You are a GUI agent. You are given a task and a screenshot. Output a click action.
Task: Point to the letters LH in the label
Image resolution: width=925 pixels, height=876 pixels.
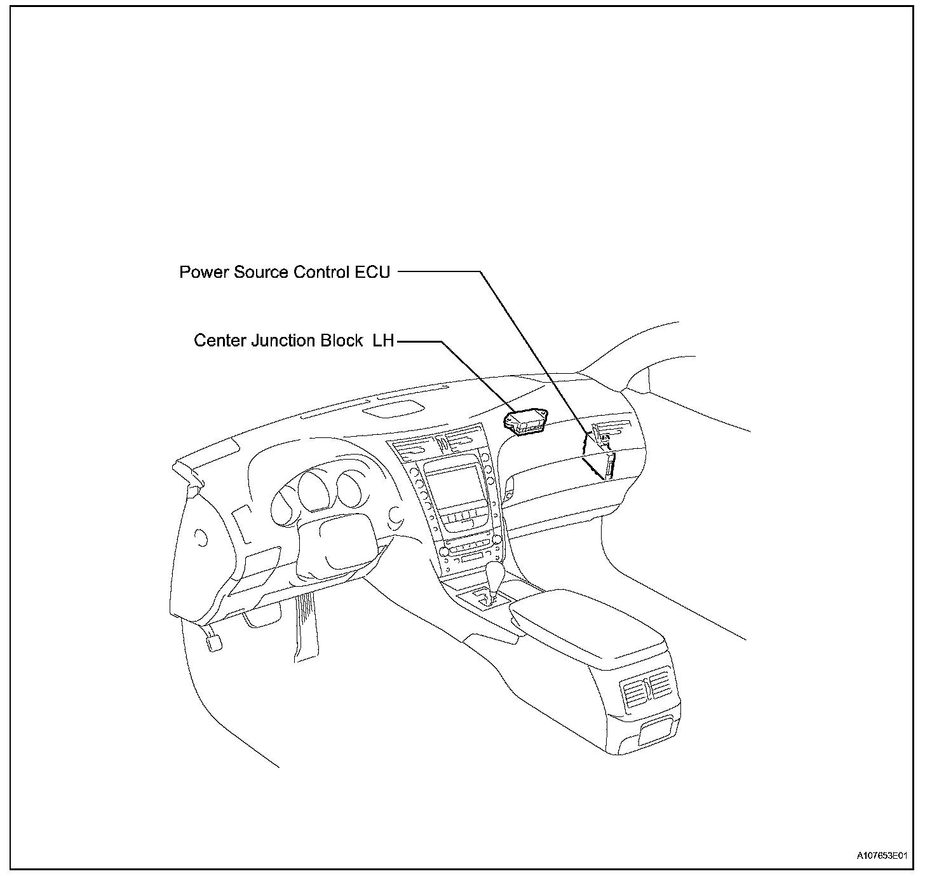click(x=382, y=341)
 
